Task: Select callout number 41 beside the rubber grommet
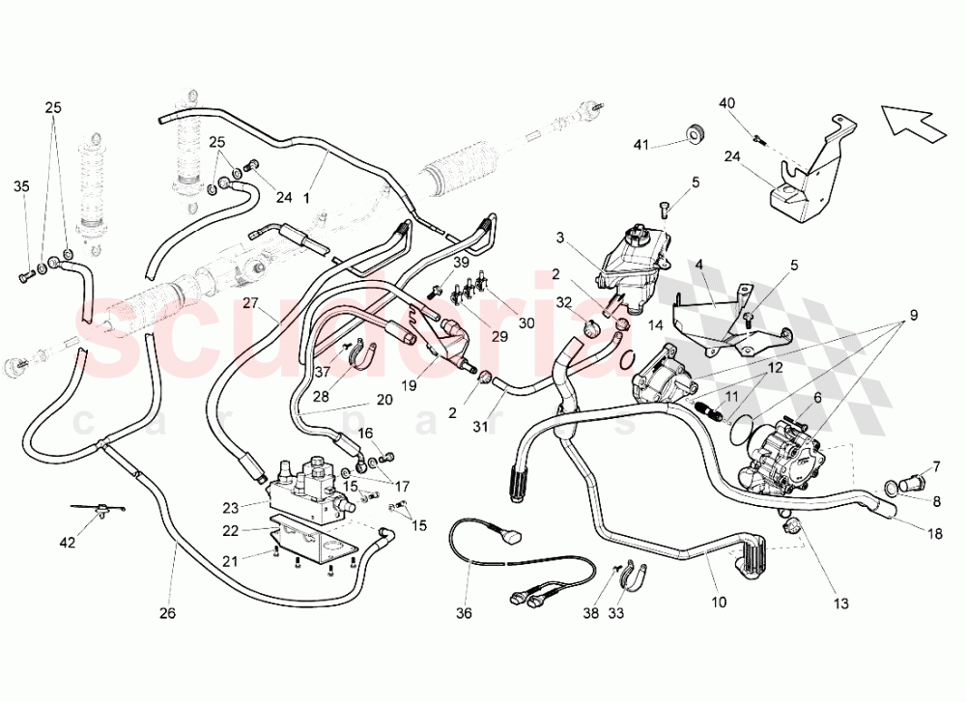coord(642,145)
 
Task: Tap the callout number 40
coord(726,104)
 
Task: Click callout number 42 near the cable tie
coord(67,543)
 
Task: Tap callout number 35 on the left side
coord(21,187)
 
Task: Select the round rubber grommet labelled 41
coord(694,133)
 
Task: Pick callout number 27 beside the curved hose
coord(250,303)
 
